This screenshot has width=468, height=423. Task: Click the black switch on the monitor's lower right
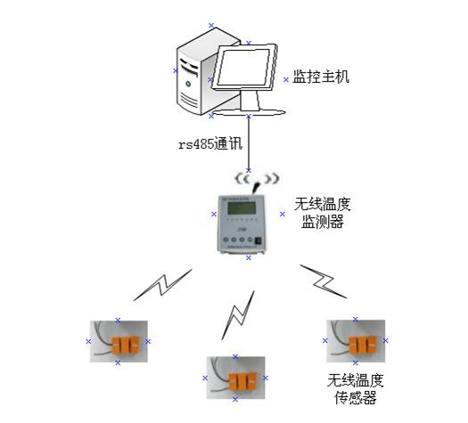pyautogui.click(x=259, y=240)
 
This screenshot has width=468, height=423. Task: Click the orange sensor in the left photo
pyautogui.click(x=124, y=344)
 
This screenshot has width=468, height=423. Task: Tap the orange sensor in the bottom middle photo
pyautogui.click(x=239, y=381)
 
